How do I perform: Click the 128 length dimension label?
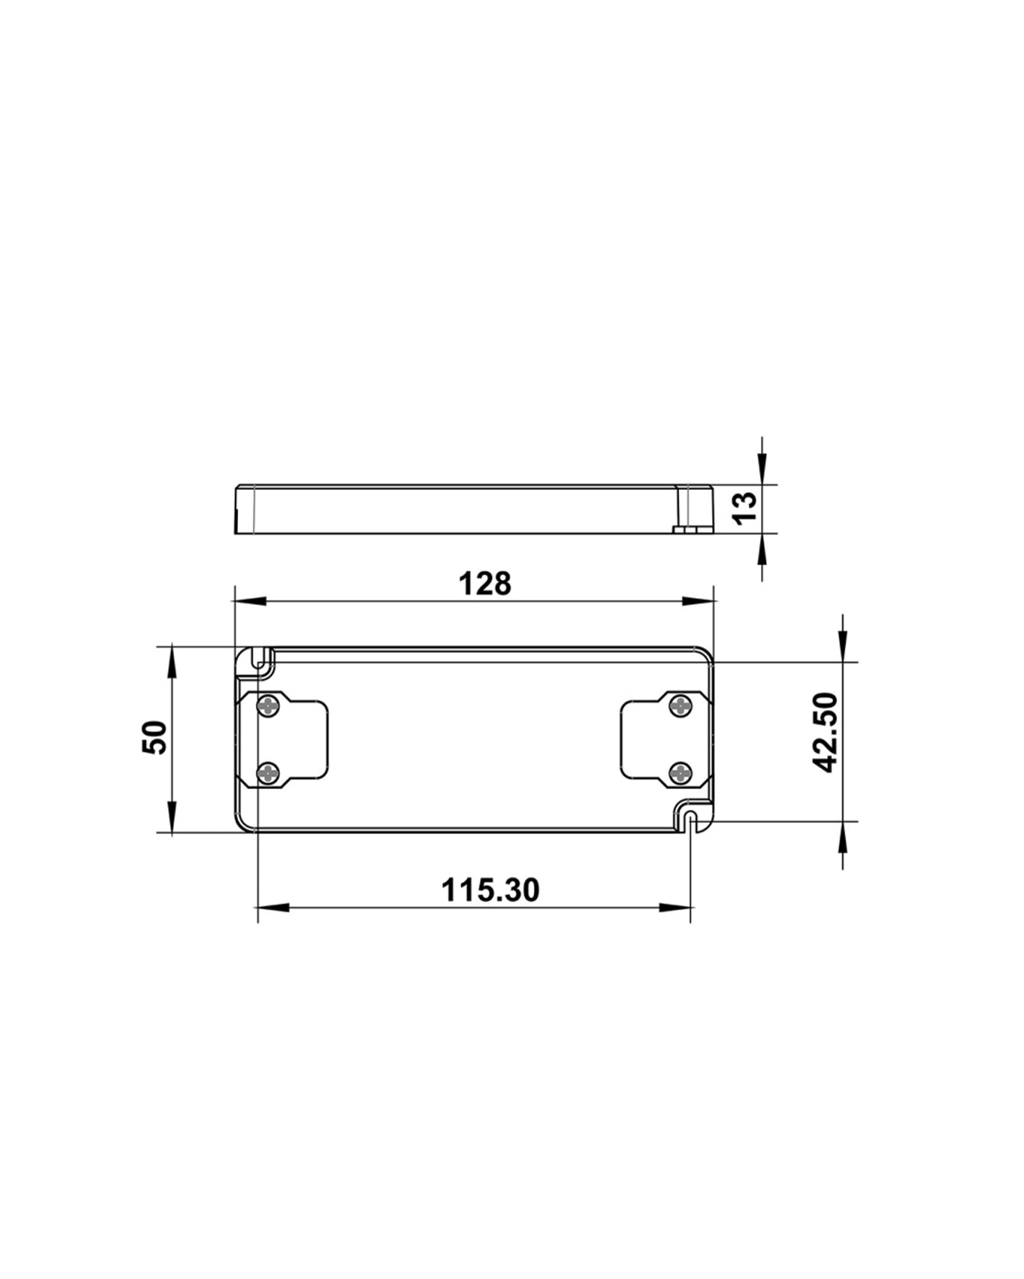point(485,584)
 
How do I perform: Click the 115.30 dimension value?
point(490,890)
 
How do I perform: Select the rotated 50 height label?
point(155,737)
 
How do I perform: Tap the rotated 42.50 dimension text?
point(825,732)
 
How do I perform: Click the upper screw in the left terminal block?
point(268,706)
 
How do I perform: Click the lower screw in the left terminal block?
point(268,774)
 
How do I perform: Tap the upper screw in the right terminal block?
point(680,706)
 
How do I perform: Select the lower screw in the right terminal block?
point(680,774)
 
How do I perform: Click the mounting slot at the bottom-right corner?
point(691,819)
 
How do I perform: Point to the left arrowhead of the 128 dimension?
point(250,601)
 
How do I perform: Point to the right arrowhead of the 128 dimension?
point(698,601)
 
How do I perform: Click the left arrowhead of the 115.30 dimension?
point(272,907)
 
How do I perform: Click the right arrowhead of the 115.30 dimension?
point(676,907)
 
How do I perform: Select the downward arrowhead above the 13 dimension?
point(762,467)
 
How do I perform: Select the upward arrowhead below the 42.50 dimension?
point(843,837)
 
